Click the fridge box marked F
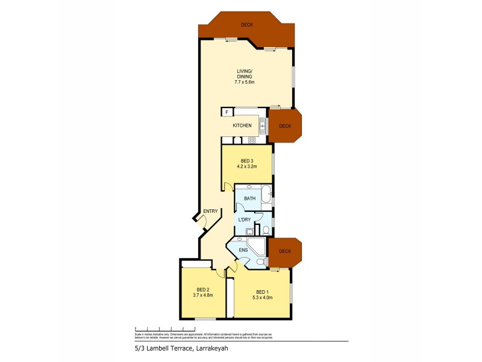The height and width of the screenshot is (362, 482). click(x=227, y=112)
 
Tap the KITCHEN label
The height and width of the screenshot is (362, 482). click(x=242, y=125)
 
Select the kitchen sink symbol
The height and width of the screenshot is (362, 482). click(x=263, y=126)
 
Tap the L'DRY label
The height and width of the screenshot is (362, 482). click(x=245, y=219)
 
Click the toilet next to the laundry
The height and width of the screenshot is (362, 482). click(x=266, y=230)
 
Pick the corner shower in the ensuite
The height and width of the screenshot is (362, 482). click(x=258, y=246)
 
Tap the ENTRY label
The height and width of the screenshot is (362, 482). click(x=210, y=211)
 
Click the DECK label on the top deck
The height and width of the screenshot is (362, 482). click(x=246, y=25)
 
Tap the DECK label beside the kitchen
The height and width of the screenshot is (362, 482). click(x=284, y=126)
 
